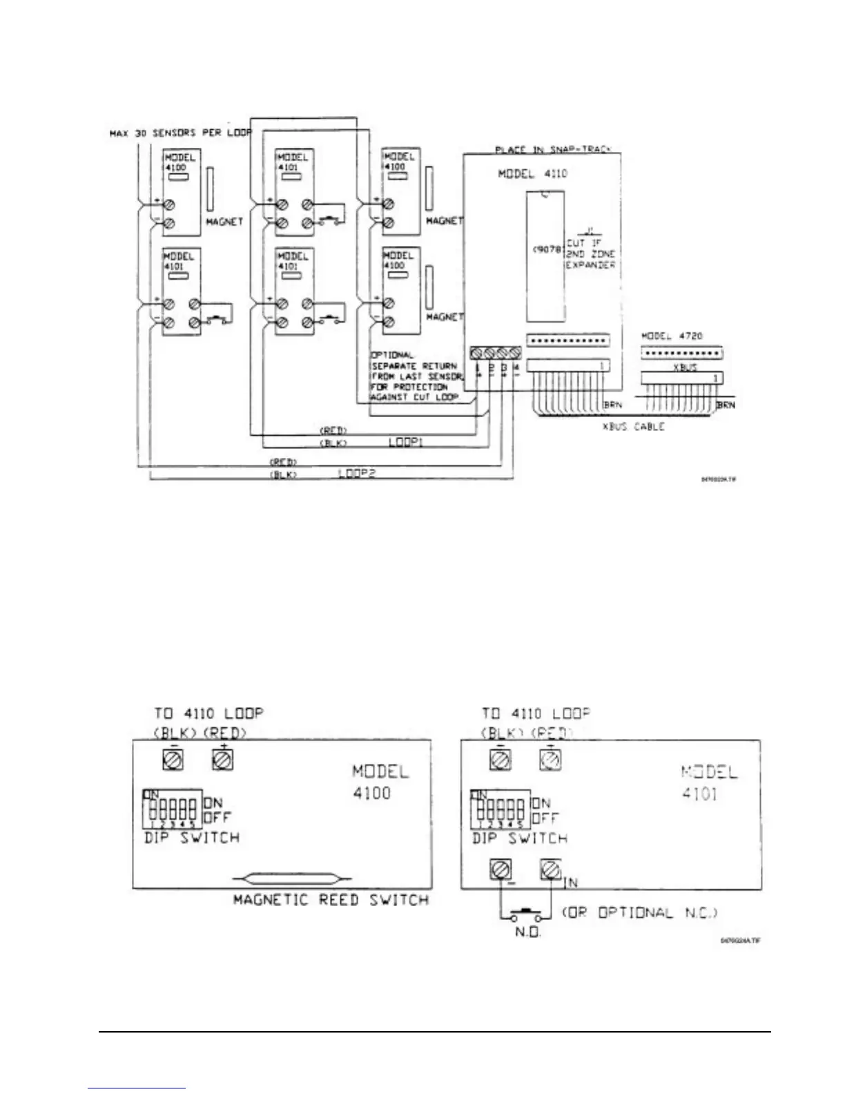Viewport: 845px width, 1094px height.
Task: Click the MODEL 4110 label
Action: [532, 173]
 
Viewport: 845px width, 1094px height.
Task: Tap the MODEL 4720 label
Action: [671, 336]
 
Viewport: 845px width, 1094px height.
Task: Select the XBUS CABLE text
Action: [633, 427]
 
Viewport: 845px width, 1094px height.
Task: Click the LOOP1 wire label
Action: [405, 441]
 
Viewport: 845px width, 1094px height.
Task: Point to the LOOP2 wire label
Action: [356, 473]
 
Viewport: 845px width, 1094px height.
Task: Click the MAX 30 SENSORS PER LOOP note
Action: [181, 133]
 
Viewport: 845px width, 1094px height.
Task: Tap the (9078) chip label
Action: [547, 249]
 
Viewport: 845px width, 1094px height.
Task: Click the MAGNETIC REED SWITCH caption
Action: [331, 900]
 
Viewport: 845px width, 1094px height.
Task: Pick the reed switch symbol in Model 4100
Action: [287, 880]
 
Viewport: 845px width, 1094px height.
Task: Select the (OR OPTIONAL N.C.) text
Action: [639, 912]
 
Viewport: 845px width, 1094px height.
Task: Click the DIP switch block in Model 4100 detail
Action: [173, 809]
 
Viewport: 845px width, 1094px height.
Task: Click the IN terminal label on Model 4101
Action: [570, 882]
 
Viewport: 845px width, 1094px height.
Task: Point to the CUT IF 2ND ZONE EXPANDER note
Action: [590, 253]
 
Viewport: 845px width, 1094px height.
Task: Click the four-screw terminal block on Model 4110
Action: [495, 354]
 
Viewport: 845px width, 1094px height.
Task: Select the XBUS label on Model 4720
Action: [684, 368]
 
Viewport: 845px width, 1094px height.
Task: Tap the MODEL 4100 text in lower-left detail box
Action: [380, 782]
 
